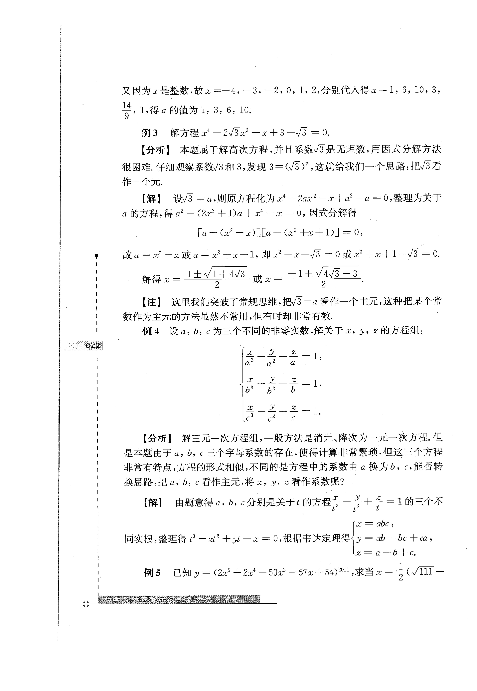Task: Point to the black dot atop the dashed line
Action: pos(96,256)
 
